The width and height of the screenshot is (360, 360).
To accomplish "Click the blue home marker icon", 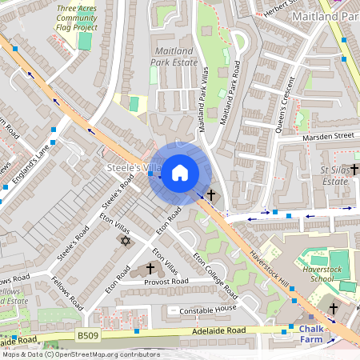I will coord(180,173).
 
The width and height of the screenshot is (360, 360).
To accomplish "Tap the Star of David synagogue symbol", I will coord(125,240).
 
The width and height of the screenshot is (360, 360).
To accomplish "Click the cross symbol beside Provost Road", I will coord(150,270).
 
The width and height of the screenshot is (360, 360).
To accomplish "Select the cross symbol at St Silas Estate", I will coord(352,170).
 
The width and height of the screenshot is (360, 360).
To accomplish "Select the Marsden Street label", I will coord(328,136).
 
